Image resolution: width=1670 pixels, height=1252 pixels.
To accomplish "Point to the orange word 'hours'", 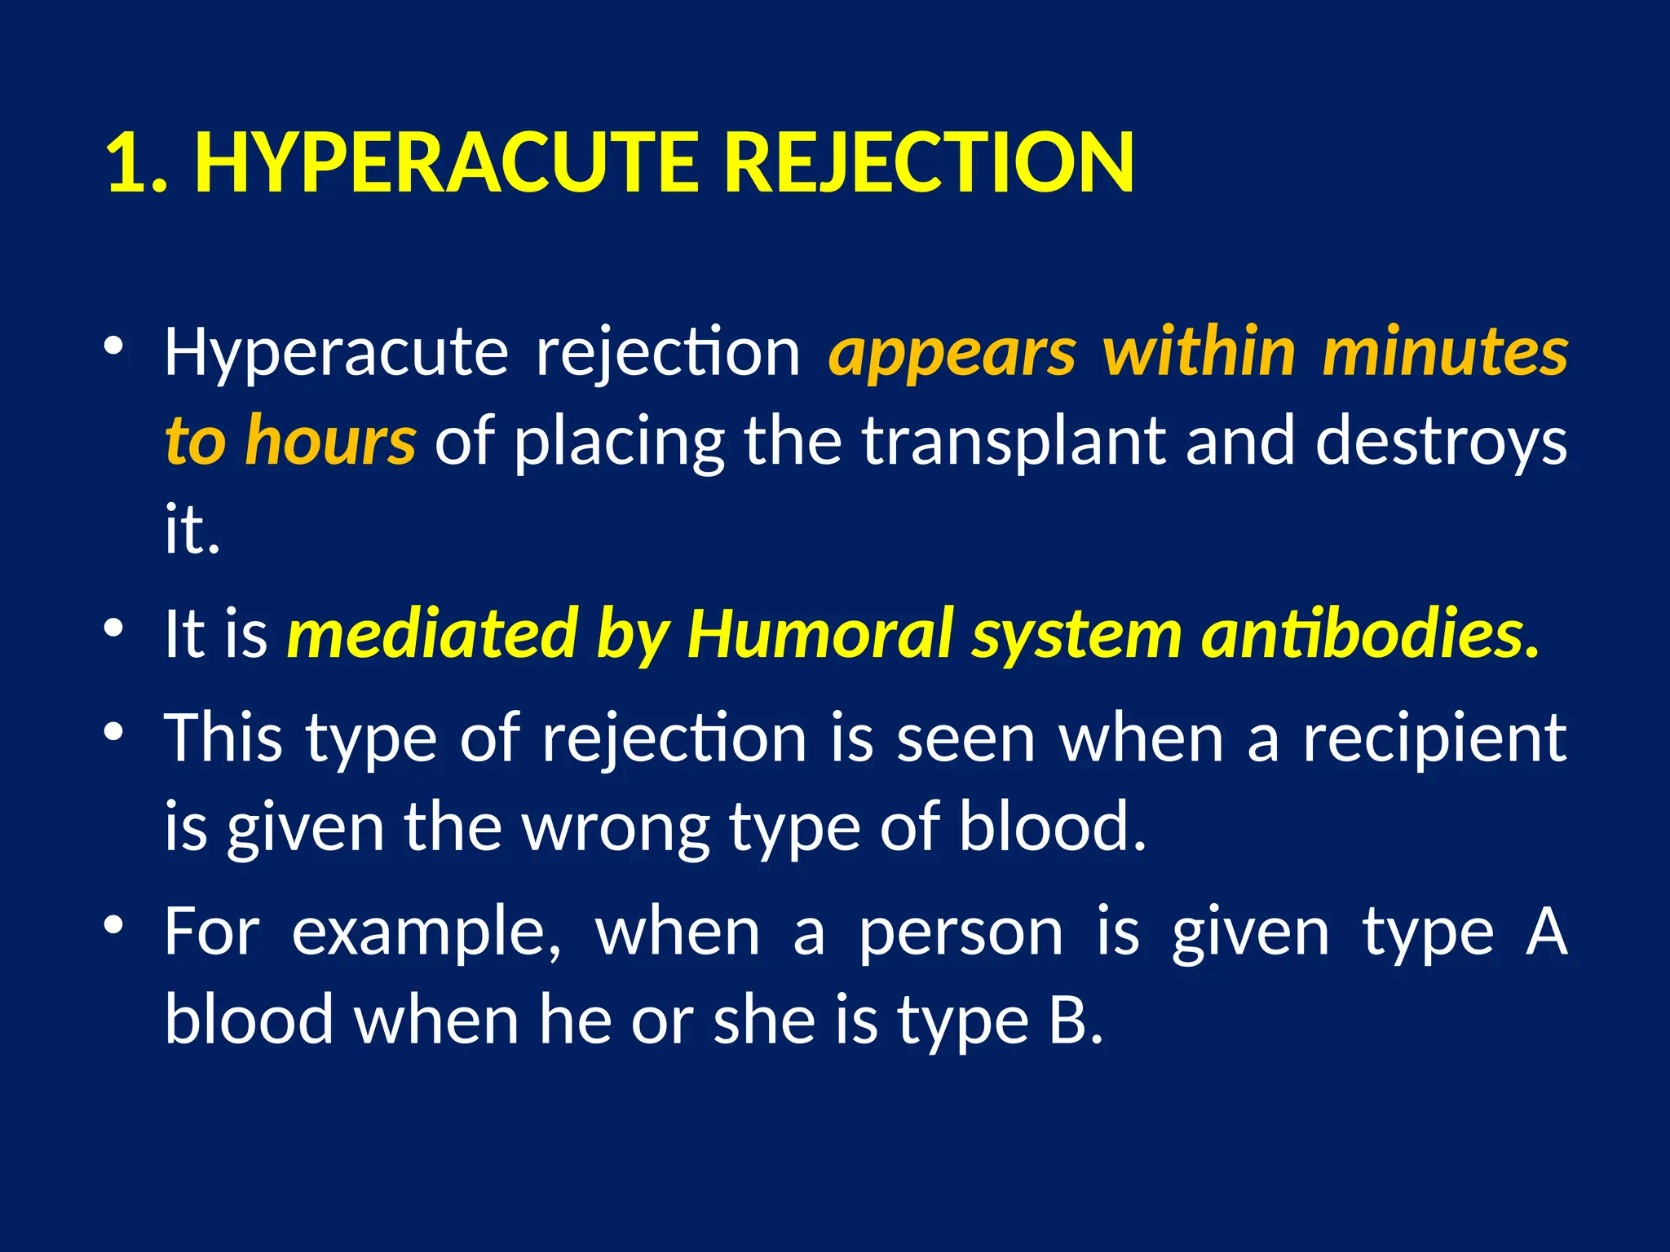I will pos(331,440).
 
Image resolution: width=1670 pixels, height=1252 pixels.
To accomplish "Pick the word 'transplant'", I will pos(1014,442).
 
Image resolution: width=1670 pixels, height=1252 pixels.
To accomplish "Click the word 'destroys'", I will pos(1441,442).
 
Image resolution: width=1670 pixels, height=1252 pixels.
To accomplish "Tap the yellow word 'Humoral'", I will pos(820,634).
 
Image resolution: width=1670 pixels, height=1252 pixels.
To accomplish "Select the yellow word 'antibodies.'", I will pos(1371,634).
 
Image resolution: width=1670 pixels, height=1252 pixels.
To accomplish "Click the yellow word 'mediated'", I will pos(432,634).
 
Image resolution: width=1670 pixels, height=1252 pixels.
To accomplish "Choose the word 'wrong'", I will pos(616,828).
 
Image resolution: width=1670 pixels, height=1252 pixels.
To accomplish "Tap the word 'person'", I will pos(961,934).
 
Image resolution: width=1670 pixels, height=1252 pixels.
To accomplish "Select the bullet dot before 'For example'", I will pos(113,924).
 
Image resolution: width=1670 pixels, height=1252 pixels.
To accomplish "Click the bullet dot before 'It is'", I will pos(113,627).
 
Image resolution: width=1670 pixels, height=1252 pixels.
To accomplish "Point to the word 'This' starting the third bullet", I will pos(223,738).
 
